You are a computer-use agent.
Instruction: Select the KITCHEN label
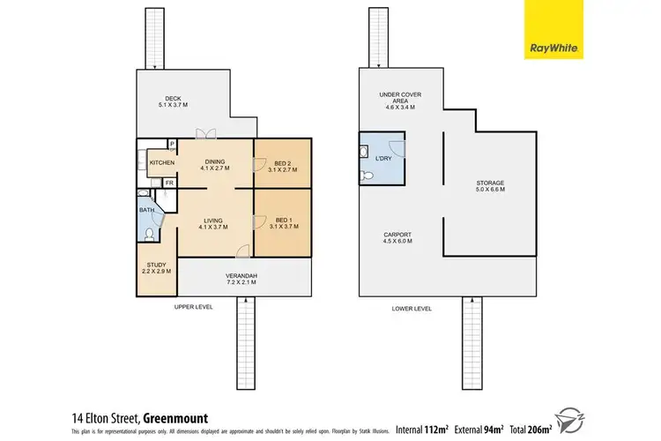tap(161, 163)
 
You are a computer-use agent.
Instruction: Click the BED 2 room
tap(282, 166)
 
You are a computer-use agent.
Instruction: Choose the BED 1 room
tap(282, 224)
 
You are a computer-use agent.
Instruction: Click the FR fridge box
tap(168, 183)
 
